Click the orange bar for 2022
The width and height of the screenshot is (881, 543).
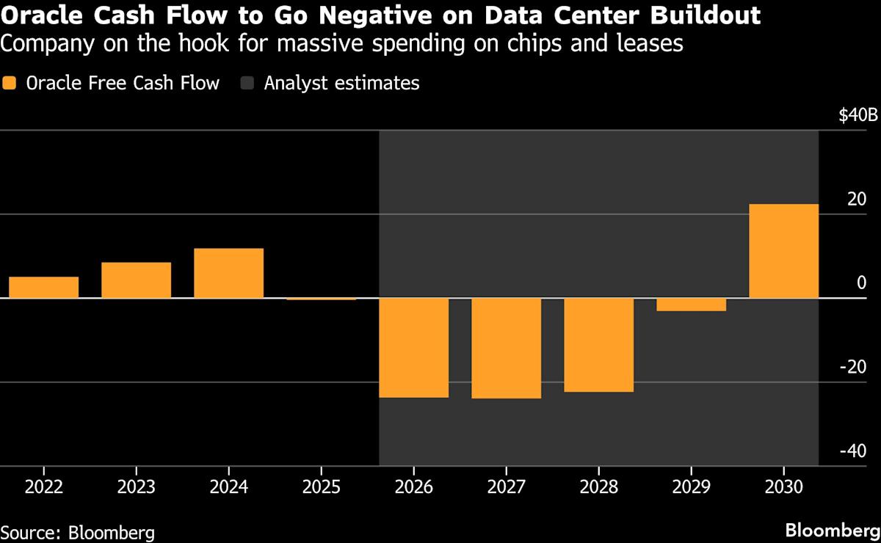coord(43,287)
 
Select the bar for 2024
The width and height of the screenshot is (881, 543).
coord(228,273)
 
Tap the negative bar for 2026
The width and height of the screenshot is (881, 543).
coord(413,348)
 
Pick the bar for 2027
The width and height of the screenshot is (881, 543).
coord(506,349)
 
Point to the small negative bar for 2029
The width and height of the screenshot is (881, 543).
coord(691,305)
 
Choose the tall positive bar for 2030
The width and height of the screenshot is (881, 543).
coord(783,251)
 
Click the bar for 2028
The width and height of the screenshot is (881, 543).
coord(598,345)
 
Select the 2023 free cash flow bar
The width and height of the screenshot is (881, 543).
coord(136,280)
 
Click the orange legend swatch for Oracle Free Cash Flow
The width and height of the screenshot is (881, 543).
coord(10,83)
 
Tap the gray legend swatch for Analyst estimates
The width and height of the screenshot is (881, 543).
coord(247,83)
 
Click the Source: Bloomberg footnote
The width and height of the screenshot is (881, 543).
coord(77,531)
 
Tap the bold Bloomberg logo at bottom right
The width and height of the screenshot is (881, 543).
coord(832,530)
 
